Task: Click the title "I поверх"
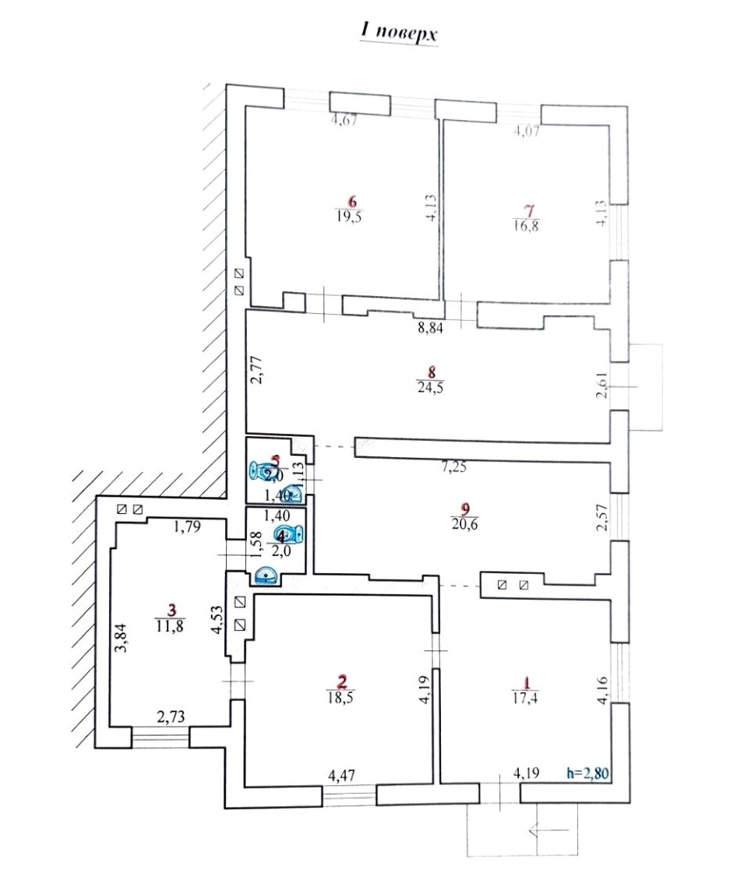397,32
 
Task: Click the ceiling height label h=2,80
590,773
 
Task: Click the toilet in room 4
291,534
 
